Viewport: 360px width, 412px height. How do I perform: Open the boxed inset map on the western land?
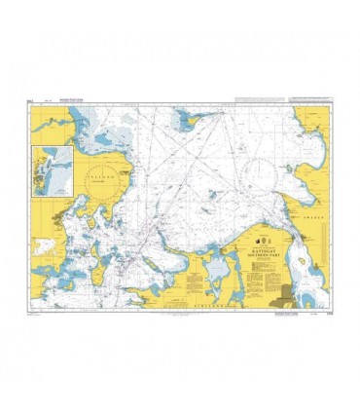53,169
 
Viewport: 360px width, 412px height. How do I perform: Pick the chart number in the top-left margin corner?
33,100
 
